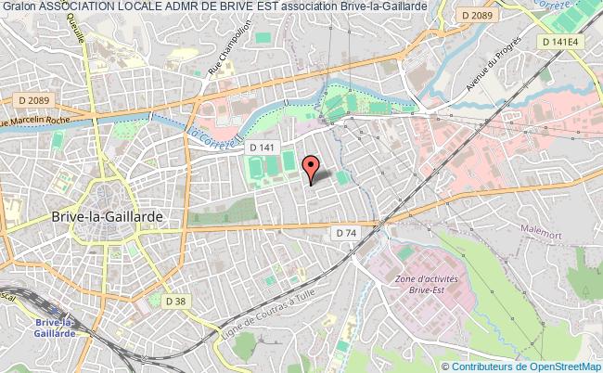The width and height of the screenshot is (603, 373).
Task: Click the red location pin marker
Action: pos(312,168)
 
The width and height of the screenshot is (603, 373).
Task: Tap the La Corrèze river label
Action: pos(208,139)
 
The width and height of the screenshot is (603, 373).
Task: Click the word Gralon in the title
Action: pos(19,6)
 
